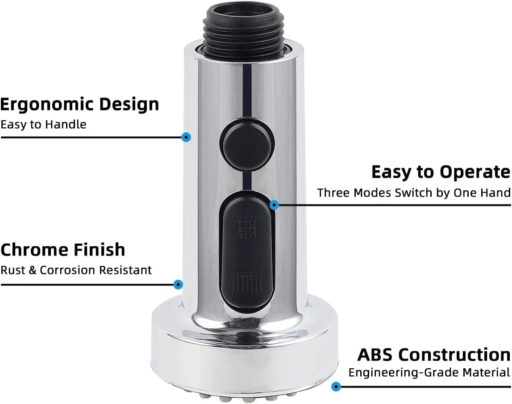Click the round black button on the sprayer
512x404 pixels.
[x=247, y=144]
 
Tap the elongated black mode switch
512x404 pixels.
[x=247, y=250]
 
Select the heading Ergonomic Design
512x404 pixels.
[x=79, y=104]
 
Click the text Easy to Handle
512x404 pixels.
[x=43, y=124]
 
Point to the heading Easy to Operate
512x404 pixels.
[x=441, y=172]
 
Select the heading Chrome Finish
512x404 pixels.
[x=62, y=249]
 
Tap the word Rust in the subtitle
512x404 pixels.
[x=10, y=270]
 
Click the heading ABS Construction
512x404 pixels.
[x=433, y=354]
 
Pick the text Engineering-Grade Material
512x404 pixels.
[x=429, y=372]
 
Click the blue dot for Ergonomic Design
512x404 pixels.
[x=187, y=137]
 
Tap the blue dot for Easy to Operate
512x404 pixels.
[x=274, y=205]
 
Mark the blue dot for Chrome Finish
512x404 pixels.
[x=178, y=284]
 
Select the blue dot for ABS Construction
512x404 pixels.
[x=337, y=387]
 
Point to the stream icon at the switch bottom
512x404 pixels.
[x=246, y=283]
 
